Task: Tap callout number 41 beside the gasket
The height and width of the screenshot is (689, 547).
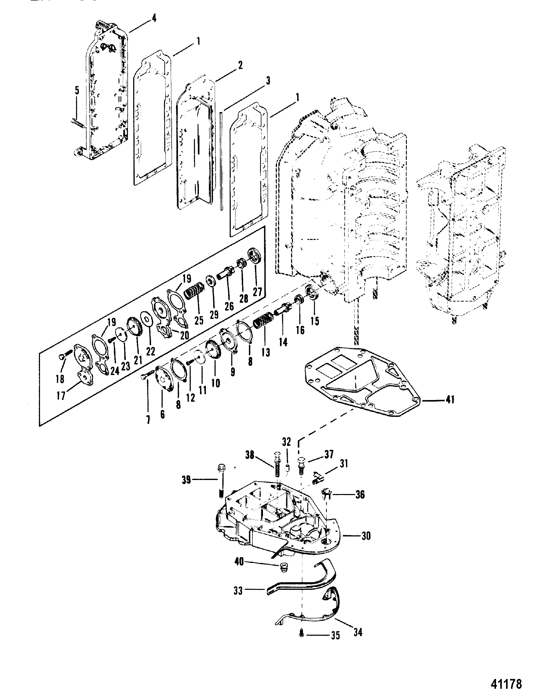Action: coord(450,399)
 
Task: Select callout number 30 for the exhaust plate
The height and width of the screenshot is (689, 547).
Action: coord(366,535)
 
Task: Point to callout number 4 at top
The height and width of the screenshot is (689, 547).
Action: coord(154,18)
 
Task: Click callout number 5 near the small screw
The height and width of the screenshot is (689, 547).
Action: coord(77,90)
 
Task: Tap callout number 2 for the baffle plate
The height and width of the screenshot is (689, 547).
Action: coord(240,65)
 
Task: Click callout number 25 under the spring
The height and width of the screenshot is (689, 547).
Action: coord(199,320)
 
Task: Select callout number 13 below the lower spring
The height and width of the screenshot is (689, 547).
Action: coord(265,352)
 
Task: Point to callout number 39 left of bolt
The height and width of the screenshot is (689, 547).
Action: coord(187,480)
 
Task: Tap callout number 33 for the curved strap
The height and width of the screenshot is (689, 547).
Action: coord(238,591)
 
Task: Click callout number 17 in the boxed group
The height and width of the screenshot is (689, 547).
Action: coord(61,396)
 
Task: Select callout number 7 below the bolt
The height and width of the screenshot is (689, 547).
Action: coord(148,419)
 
